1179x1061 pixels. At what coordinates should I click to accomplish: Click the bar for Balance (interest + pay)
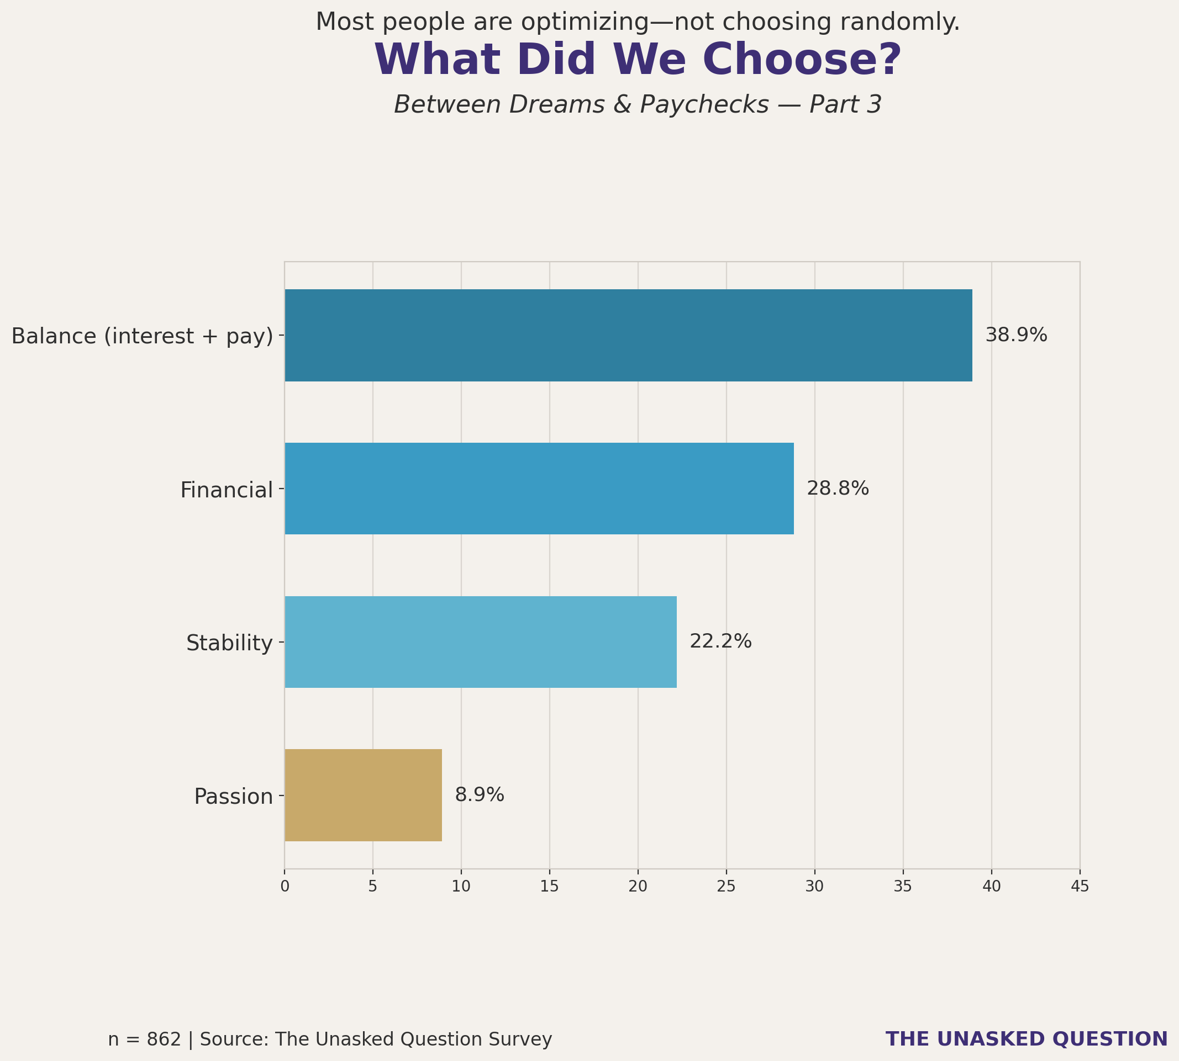click(628, 335)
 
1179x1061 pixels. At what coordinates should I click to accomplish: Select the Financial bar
click(539, 489)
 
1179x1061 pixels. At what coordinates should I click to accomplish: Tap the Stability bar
click(481, 642)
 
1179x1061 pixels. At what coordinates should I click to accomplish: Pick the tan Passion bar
click(363, 795)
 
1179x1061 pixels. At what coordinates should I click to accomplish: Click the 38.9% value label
click(1016, 335)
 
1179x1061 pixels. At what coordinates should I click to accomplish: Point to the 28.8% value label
click(838, 489)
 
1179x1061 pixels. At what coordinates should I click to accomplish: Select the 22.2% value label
click(720, 642)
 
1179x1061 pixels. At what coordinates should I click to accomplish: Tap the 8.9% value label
click(480, 795)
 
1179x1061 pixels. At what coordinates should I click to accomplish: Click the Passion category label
click(233, 797)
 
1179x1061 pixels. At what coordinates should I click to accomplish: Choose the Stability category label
click(229, 643)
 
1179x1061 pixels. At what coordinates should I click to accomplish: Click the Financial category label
click(227, 490)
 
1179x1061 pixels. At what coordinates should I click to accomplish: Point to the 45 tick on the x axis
click(1080, 887)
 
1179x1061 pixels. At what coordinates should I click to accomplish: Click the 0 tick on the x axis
click(285, 887)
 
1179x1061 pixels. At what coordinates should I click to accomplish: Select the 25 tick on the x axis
click(727, 887)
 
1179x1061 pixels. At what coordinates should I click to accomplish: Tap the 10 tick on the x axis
click(461, 887)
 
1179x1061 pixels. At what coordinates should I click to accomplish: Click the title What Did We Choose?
click(638, 60)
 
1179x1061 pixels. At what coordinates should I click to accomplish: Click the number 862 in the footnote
click(164, 1039)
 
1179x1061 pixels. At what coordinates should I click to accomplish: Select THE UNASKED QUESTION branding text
click(1026, 1039)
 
